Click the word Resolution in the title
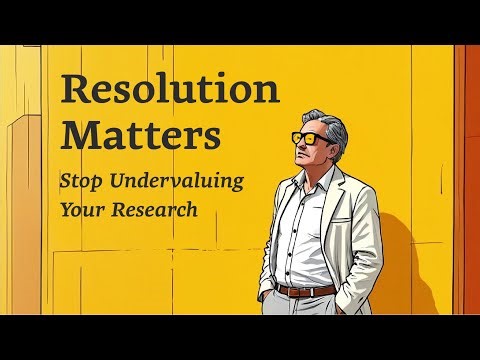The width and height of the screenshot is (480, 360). (x=170, y=90)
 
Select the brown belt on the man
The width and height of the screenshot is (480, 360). (x=305, y=290)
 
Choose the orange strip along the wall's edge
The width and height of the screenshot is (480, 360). (x=467, y=180)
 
